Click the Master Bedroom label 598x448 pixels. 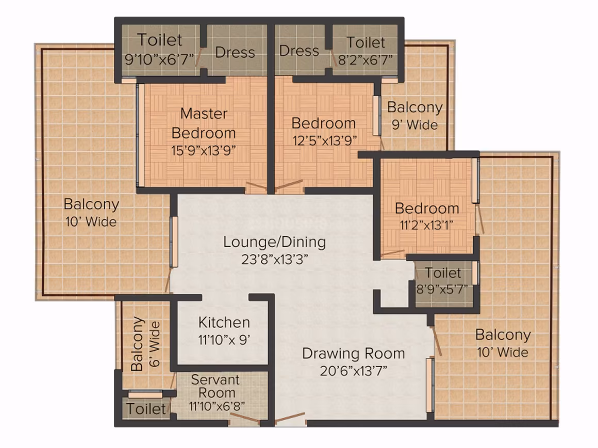[204, 123]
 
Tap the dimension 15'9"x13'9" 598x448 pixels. [204, 151]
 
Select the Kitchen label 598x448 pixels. [224, 323]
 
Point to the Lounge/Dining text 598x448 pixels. [274, 242]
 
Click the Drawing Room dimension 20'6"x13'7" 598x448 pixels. [354, 370]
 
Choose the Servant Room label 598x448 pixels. [215, 386]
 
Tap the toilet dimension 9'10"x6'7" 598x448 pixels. [159, 59]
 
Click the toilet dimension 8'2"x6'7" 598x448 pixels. [366, 60]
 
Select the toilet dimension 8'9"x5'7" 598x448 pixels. [442, 289]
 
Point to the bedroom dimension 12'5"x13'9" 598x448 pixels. [325, 141]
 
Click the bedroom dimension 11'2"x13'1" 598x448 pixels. [426, 225]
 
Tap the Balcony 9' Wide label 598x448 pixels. [415, 116]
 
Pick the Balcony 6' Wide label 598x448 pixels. [145, 344]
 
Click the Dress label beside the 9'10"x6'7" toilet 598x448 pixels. [235, 53]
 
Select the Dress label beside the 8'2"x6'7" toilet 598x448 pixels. [299, 50]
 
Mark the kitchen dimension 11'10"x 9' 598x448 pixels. [224, 339]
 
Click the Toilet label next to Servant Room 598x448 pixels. [146, 409]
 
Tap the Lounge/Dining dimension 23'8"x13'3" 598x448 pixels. [275, 260]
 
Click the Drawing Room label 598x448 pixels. [354, 354]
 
